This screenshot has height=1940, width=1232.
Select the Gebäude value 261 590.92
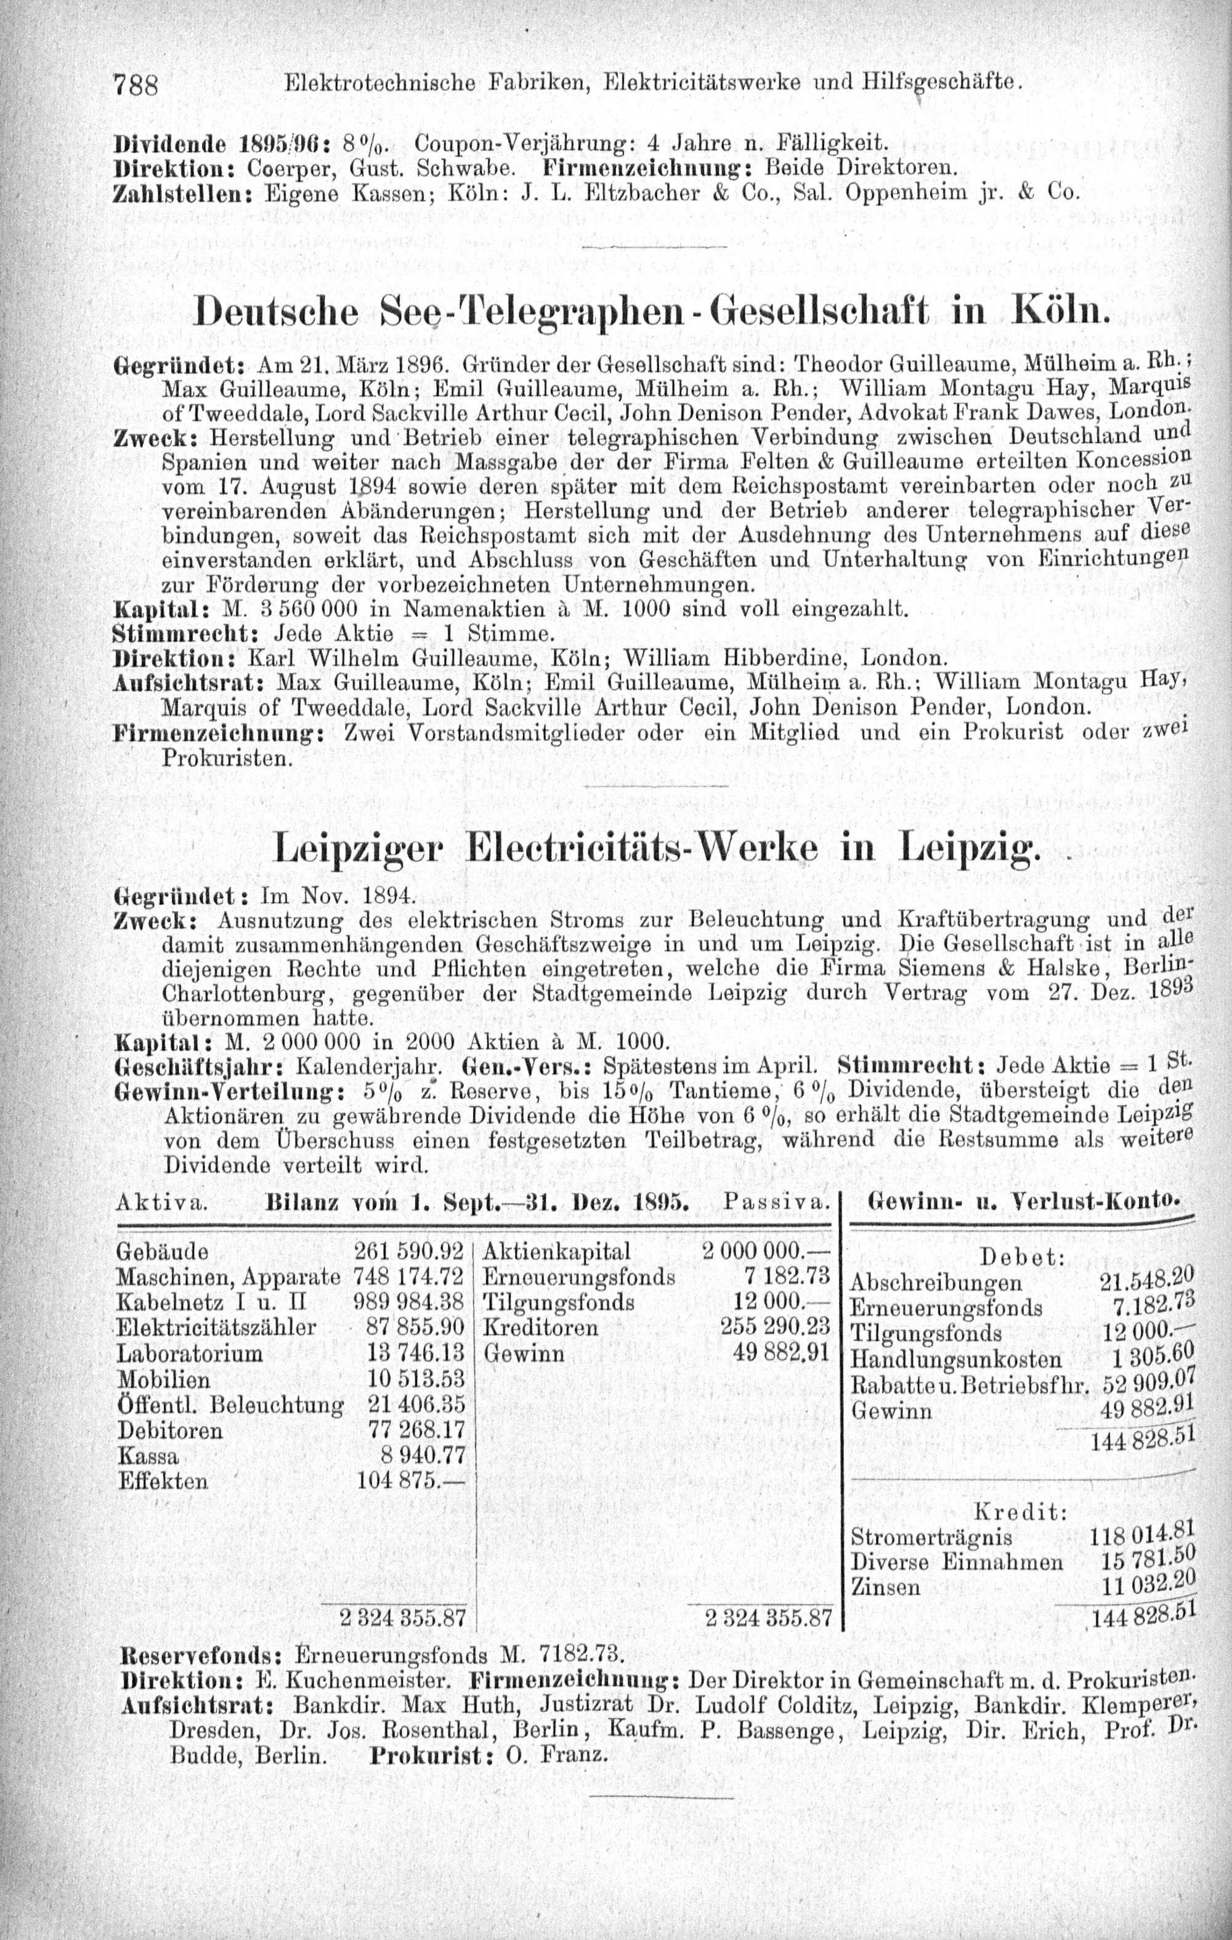point(408,1251)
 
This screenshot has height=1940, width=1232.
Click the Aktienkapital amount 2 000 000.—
point(766,1251)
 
